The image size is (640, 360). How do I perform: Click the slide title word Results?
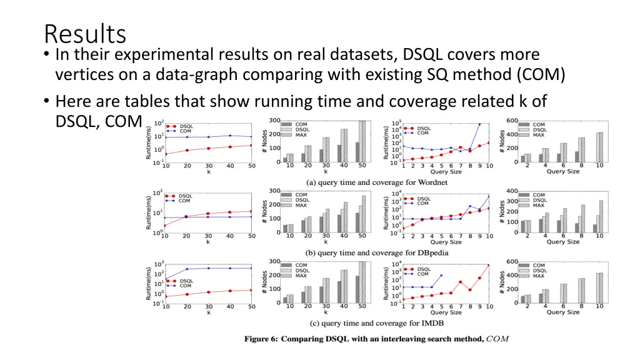tap(85, 33)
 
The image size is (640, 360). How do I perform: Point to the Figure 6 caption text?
tap(376, 339)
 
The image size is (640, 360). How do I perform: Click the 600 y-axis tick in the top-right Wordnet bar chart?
tap(512, 121)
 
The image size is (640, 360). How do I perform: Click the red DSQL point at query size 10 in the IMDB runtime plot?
tap(489, 265)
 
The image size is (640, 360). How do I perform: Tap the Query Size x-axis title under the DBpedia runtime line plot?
tap(446, 242)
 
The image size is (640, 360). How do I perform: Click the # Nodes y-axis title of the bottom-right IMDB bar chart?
tap(502, 282)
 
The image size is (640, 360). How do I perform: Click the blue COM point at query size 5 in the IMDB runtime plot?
tap(441, 276)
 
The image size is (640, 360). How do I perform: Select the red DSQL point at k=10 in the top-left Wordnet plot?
tap(166, 154)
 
